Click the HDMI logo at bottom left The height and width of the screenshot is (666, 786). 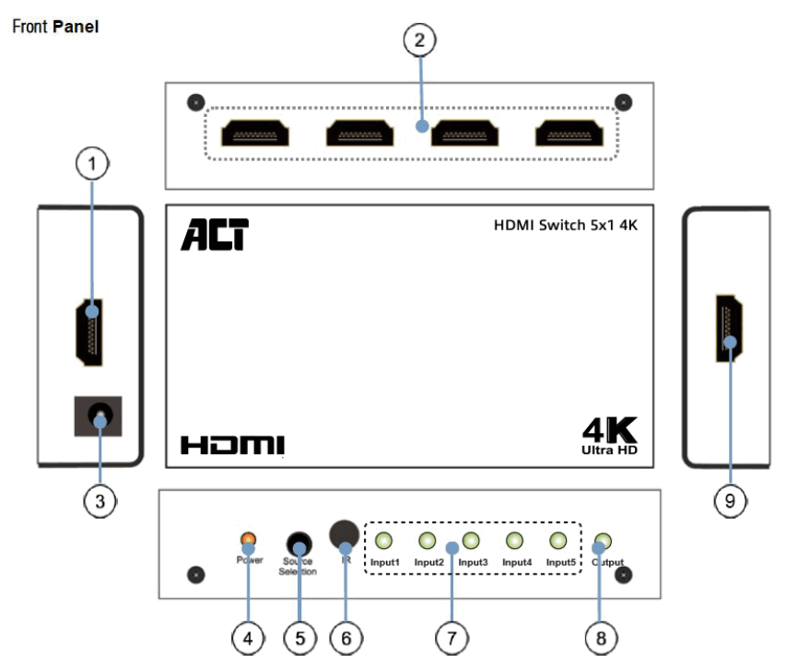(232, 446)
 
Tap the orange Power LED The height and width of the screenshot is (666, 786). (247, 540)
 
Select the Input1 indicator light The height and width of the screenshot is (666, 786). (385, 541)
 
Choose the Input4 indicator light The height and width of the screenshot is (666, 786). (516, 541)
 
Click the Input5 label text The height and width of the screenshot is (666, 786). (560, 562)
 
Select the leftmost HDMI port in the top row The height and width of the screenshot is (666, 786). (256, 134)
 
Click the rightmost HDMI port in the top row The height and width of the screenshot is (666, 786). (570, 134)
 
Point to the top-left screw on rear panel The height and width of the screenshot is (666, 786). (193, 102)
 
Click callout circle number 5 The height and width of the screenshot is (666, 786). (298, 636)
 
